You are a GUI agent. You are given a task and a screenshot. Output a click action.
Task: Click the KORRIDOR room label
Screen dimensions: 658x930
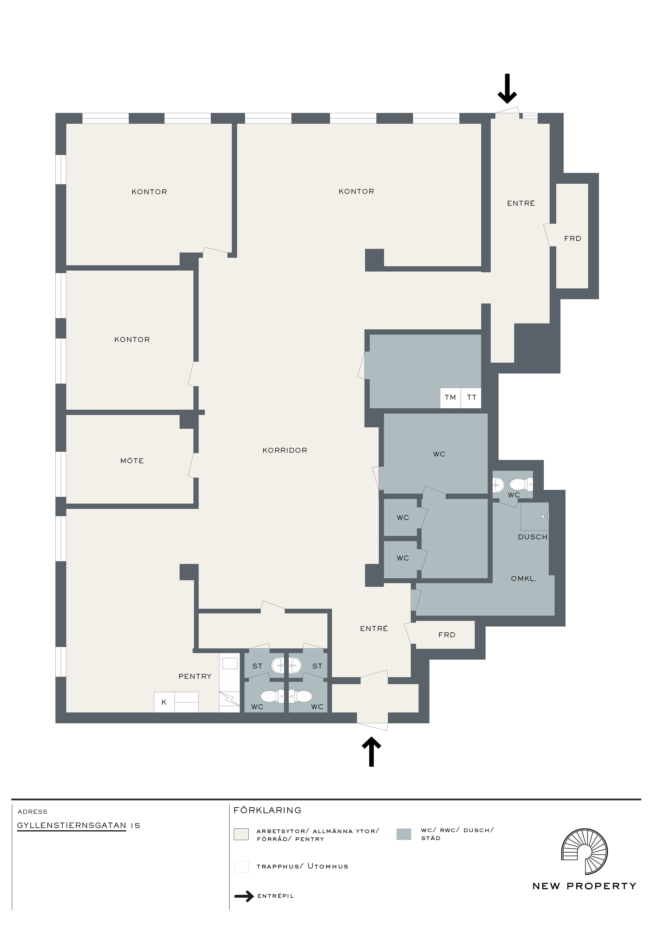tap(285, 450)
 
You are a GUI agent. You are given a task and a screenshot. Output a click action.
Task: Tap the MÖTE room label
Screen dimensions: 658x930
tap(132, 461)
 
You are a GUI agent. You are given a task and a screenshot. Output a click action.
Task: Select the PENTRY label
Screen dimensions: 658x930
tap(195, 676)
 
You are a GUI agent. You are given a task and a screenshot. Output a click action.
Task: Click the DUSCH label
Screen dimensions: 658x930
tap(532, 537)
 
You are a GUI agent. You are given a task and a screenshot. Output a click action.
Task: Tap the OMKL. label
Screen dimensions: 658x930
tap(524, 579)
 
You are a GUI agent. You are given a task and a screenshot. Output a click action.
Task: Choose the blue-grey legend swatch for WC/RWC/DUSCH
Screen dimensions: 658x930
tap(403, 834)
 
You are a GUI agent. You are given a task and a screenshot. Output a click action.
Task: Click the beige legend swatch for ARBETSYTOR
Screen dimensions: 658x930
tap(241, 834)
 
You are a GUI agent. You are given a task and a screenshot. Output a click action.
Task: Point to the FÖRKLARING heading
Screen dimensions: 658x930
tap(267, 811)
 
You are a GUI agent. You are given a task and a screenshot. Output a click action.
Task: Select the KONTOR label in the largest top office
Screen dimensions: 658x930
tap(356, 192)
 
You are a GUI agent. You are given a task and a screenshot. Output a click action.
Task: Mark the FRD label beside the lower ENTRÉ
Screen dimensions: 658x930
tap(447, 635)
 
